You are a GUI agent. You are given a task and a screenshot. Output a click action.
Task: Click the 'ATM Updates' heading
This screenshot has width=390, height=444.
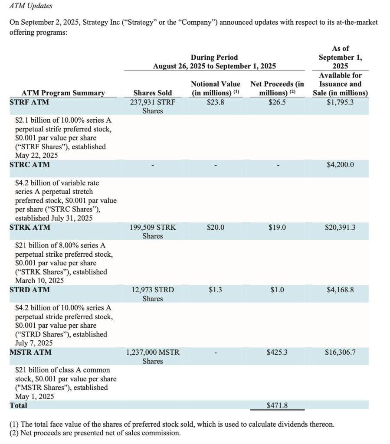(30, 6)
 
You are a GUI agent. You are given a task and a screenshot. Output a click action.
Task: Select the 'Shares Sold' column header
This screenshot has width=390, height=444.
(152, 93)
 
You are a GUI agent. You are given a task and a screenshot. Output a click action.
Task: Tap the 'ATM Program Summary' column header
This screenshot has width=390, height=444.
(63, 93)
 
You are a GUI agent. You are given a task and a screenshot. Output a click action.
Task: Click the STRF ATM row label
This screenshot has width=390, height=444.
(29, 102)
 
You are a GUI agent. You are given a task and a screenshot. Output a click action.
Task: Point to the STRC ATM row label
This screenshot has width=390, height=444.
(29, 165)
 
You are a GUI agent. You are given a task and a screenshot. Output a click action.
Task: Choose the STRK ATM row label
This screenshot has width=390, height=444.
(29, 227)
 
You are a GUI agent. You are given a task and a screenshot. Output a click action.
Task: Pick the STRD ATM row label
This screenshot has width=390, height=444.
(29, 290)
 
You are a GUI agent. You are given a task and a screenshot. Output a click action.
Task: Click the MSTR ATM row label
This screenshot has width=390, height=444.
(30, 352)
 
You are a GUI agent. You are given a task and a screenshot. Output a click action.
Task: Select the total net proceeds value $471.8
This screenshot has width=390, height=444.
(277, 406)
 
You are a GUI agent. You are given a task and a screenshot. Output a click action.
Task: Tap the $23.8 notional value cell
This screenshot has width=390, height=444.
(215, 102)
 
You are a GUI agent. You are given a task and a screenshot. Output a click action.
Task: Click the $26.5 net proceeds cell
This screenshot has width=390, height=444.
(277, 102)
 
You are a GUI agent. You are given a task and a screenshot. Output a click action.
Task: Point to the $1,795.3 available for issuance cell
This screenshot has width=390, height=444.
(340, 102)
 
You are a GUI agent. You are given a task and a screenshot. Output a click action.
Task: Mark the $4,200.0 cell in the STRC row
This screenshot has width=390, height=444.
(340, 165)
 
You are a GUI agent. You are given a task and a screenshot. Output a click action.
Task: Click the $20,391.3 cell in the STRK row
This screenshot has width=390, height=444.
(340, 227)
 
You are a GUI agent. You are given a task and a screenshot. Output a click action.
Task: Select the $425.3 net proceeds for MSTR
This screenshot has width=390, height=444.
(277, 352)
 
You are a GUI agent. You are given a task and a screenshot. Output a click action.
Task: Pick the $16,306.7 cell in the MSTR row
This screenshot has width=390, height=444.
(340, 352)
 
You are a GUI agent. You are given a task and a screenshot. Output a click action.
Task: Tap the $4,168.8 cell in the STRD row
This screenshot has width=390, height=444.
(340, 290)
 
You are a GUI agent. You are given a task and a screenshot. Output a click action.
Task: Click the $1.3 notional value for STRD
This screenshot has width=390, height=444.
(215, 290)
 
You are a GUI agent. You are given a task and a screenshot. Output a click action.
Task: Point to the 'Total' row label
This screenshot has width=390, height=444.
(18, 405)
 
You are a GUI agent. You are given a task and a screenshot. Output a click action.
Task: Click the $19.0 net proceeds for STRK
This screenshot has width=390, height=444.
(277, 227)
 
